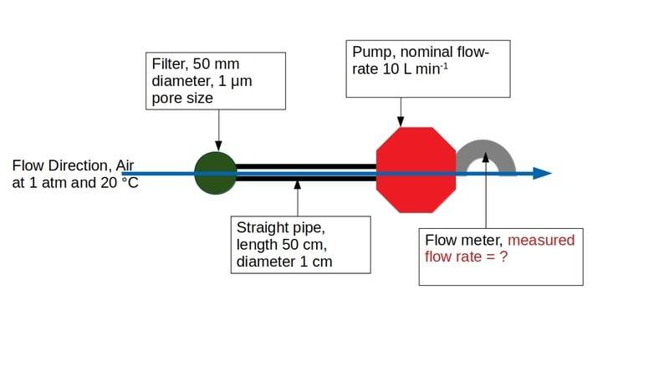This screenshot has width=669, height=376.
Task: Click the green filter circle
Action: [x=215, y=173]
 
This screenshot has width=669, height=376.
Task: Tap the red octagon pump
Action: [x=416, y=170]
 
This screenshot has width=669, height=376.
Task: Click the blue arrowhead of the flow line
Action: [x=542, y=173]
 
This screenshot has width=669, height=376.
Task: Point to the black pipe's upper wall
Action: [x=306, y=166]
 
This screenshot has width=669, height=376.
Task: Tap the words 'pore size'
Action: [x=181, y=98]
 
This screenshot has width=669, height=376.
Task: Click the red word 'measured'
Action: [x=541, y=241]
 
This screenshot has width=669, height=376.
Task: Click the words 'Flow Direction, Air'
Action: [x=74, y=165]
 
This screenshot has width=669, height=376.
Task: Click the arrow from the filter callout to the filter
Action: [x=218, y=130]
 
